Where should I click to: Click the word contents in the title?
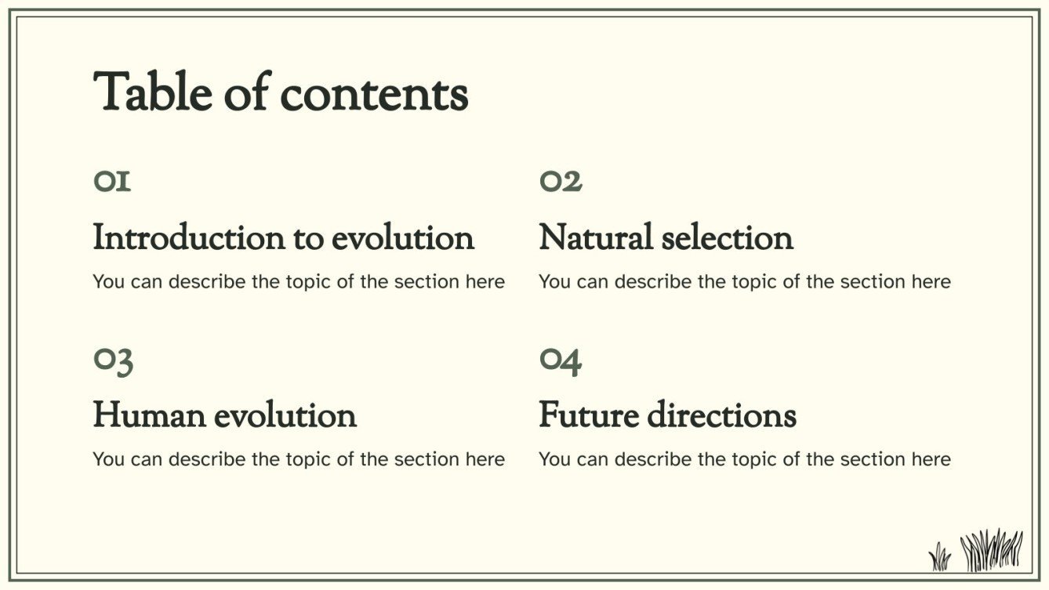tap(374, 94)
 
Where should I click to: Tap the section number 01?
tap(112, 182)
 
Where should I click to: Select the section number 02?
tap(561, 182)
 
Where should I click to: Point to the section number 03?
tap(113, 360)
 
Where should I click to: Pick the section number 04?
tap(561, 360)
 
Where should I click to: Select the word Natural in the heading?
tap(595, 237)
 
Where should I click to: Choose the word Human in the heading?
tap(148, 414)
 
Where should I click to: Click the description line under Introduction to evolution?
tap(299, 281)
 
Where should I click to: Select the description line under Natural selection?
tap(745, 281)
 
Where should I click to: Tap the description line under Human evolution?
tap(299, 459)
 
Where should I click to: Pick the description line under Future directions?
tap(745, 459)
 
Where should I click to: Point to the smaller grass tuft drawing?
tap(939, 557)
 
